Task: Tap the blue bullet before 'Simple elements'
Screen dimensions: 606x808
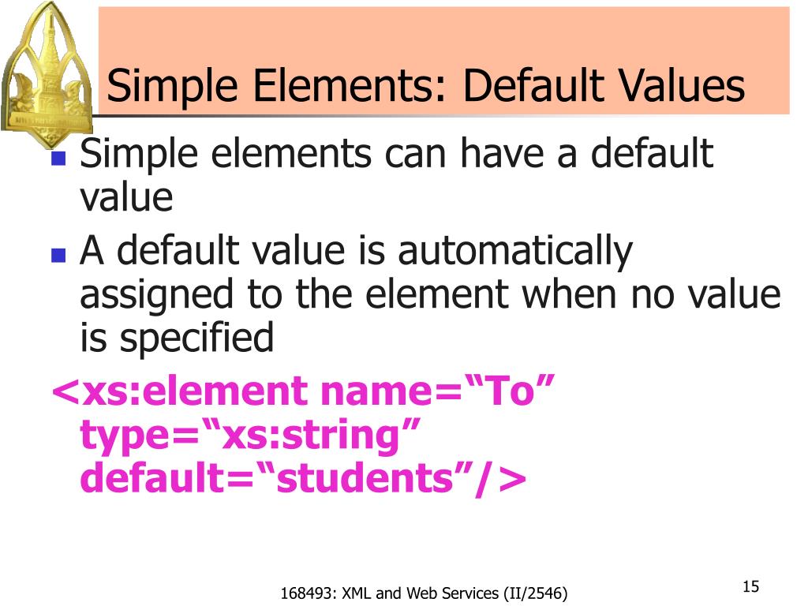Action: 58,157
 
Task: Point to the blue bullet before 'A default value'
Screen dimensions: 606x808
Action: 58,256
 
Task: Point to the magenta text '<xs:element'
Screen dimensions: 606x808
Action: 170,392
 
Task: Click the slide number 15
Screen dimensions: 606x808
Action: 750,587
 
